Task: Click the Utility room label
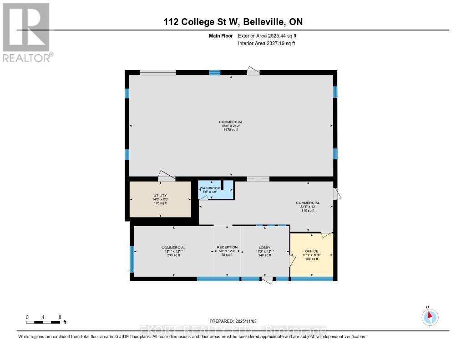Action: pos(159,196)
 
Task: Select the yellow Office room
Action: pos(312,255)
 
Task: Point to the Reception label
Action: pos(227,247)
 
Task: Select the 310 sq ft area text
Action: pos(308,210)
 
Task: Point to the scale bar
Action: pos(43,322)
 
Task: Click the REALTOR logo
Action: pos(26,32)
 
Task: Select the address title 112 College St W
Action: pos(233,22)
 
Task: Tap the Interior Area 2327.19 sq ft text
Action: pos(267,43)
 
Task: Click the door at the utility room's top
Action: pos(166,176)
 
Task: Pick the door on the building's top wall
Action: pos(253,71)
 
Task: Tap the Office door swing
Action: pos(326,234)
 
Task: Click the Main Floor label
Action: pos(222,35)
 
